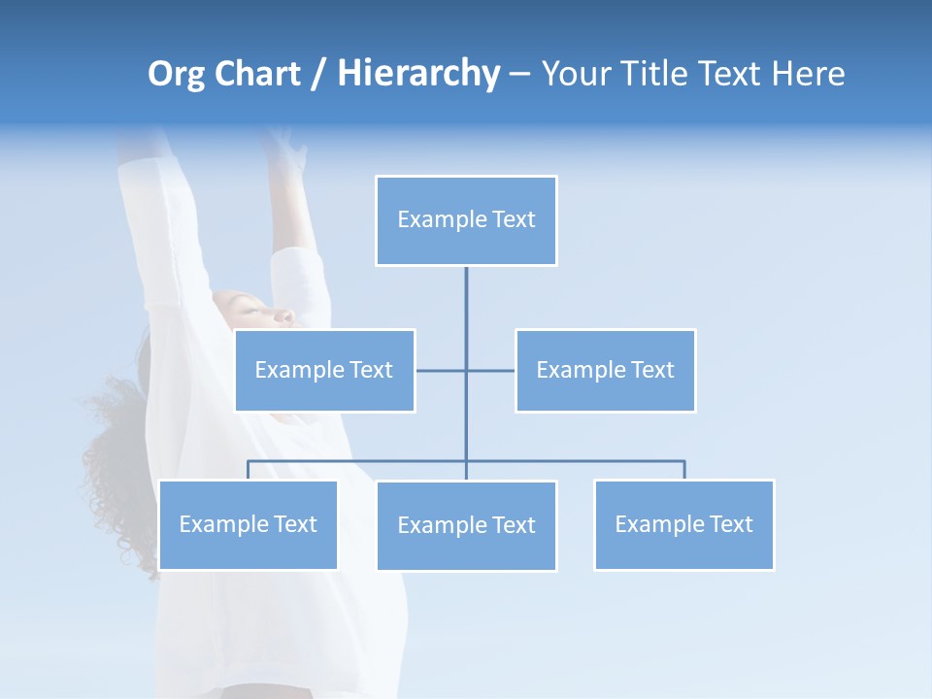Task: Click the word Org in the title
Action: tap(177, 74)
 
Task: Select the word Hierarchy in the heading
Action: tap(418, 74)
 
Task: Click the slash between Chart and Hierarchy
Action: tap(318, 75)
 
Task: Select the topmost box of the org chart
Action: tap(466, 220)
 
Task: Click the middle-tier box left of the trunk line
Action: tap(324, 370)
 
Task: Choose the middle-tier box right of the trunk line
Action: tap(605, 370)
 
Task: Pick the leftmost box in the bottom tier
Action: tap(248, 524)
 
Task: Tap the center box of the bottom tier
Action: tap(466, 525)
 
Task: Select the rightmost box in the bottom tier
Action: tap(683, 524)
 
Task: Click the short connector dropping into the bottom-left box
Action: tap(248, 470)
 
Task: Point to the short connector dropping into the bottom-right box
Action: tap(684, 470)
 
